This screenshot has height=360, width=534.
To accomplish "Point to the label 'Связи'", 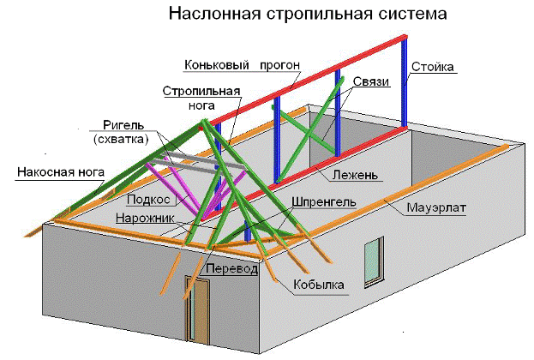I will (x=371, y=81).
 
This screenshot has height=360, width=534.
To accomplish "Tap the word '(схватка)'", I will (x=121, y=138).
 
